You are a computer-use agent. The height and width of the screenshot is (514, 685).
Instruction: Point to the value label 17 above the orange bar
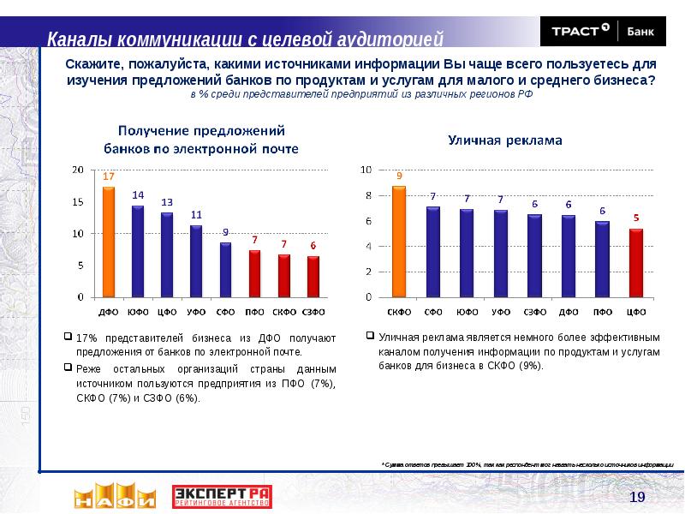coord(109,176)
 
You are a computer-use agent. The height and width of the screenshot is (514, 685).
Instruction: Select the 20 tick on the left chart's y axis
coord(78,170)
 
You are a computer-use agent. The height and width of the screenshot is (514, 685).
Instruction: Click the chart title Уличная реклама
coord(504,140)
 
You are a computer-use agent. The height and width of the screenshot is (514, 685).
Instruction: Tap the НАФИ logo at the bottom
coord(114,496)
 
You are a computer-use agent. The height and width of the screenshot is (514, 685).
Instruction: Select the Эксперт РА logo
coord(222,496)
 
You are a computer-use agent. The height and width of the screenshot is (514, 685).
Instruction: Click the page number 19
coord(636,498)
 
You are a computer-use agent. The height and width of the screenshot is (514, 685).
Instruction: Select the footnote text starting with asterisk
coord(527,463)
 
